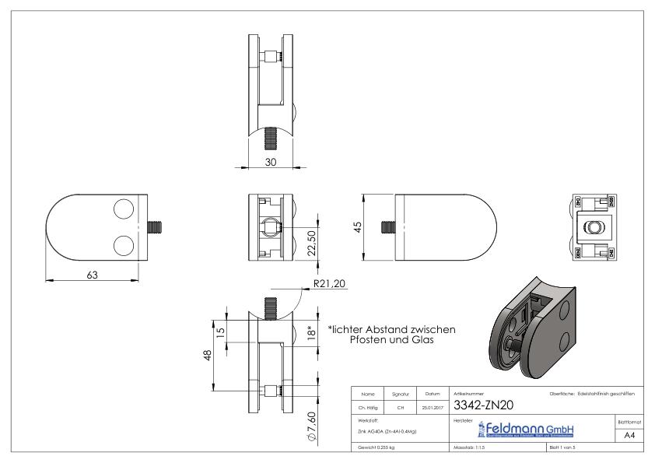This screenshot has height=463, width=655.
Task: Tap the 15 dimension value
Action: click(220, 331)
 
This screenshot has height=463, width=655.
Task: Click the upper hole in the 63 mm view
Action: click(124, 209)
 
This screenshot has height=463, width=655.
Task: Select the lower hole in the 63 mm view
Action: click(124, 247)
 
